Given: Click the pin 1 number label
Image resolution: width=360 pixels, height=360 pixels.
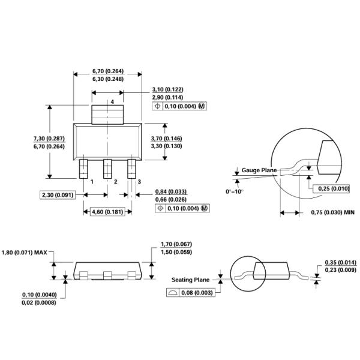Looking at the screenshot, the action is pyautogui.click(x=92, y=182).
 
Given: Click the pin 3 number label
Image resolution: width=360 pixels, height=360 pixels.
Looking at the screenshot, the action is pyautogui.click(x=139, y=182).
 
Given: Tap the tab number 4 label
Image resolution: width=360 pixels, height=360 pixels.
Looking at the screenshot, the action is pyautogui.click(x=112, y=102).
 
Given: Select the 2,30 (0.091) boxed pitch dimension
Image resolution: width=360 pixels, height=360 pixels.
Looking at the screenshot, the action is pyautogui.click(x=58, y=195).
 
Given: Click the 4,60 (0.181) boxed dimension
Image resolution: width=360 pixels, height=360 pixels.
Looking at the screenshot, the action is pyautogui.click(x=107, y=212).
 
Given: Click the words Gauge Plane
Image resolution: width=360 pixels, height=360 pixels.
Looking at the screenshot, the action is pyautogui.click(x=259, y=170).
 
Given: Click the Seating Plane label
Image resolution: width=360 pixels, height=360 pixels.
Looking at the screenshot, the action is pyautogui.click(x=191, y=280).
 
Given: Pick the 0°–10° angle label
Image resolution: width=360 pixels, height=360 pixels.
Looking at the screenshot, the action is pyautogui.click(x=235, y=191).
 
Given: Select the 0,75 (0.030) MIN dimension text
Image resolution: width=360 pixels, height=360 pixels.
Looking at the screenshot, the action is pyautogui.click(x=332, y=212).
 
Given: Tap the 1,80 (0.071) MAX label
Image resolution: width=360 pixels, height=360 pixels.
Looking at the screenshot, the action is pyautogui.click(x=25, y=253).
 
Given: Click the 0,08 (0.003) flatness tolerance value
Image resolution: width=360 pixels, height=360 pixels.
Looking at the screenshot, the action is pyautogui.click(x=197, y=293).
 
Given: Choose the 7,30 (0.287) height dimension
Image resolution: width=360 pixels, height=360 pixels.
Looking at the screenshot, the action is pyautogui.click(x=49, y=139).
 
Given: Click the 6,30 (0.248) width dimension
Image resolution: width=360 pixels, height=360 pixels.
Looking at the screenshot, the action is pyautogui.click(x=108, y=79).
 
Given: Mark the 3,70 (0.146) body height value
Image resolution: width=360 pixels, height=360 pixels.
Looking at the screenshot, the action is pyautogui.click(x=166, y=139).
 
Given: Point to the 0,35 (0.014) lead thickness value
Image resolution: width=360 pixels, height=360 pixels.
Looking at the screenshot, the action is pyautogui.click(x=341, y=262).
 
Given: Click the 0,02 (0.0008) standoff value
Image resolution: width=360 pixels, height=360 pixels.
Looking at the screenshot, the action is pyautogui.click(x=39, y=302).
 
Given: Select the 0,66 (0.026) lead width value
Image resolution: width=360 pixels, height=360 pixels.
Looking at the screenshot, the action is pyautogui.click(x=171, y=200).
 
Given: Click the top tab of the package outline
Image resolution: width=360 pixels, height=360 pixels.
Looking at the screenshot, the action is pyautogui.click(x=107, y=115).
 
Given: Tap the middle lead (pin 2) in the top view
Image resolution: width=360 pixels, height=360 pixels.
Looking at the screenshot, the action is pyautogui.click(x=107, y=169).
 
